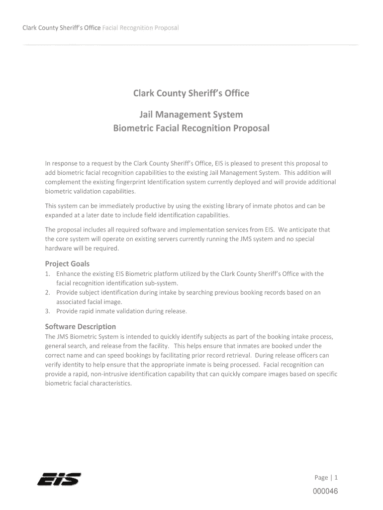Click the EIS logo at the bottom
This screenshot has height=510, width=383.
tap(59, 479)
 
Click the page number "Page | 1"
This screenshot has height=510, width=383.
tap(326, 478)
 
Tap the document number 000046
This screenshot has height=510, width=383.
tap(325, 492)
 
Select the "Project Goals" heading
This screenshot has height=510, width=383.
tap(67, 263)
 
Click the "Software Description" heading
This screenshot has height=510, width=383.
tap(80, 326)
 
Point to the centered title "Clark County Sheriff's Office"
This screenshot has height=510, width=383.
tap(191, 93)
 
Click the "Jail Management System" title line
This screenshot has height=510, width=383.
tap(191, 115)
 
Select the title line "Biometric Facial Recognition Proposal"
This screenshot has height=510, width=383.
tap(191, 128)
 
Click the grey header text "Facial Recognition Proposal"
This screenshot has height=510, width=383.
tap(140, 27)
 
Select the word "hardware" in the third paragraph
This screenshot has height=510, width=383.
tap(59, 249)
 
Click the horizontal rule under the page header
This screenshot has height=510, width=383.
tap(191, 45)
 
